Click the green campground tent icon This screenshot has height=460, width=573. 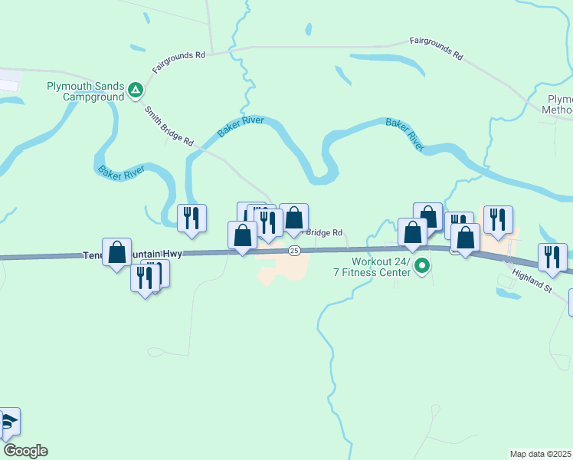[x=136, y=90]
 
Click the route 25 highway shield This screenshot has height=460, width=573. [x=294, y=251]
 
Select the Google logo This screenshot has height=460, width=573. [x=25, y=451]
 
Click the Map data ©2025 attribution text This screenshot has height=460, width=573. [x=540, y=454]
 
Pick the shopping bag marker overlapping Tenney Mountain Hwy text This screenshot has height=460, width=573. [x=117, y=252]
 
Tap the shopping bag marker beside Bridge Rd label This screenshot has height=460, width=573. [x=293, y=219]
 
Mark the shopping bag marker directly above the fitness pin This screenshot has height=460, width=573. [x=412, y=233]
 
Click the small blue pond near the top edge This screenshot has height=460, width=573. [x=308, y=29]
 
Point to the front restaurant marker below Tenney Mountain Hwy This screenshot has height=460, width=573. [x=145, y=278]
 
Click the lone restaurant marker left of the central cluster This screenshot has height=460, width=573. [x=192, y=219]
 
